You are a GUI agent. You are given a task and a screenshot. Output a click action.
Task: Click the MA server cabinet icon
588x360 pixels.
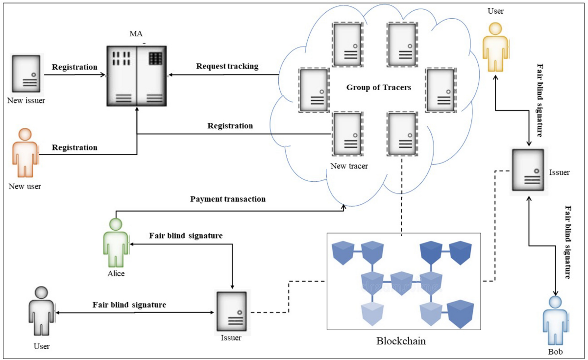pyautogui.click(x=136, y=76)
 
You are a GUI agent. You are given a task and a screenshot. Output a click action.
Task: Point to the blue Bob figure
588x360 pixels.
pyautogui.click(x=555, y=321)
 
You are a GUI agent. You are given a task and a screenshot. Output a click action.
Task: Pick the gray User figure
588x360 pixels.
pyautogui.click(x=42, y=312)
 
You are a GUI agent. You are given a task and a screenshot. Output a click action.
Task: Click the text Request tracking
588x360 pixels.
pyautogui.click(x=227, y=67)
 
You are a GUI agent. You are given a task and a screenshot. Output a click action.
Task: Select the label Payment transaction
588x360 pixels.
pyautogui.click(x=228, y=199)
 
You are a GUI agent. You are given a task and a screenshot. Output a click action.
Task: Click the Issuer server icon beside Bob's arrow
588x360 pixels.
pyautogui.click(x=528, y=170)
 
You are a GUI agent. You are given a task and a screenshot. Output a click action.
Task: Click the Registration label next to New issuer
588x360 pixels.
pyautogui.click(x=74, y=67)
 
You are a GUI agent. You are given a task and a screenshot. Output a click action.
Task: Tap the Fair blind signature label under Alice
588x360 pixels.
pyautogui.click(x=186, y=236)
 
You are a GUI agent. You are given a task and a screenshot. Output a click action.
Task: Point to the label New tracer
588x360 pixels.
pyautogui.click(x=349, y=166)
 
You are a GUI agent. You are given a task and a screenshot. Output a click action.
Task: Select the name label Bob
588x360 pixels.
pyautogui.click(x=555, y=352)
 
